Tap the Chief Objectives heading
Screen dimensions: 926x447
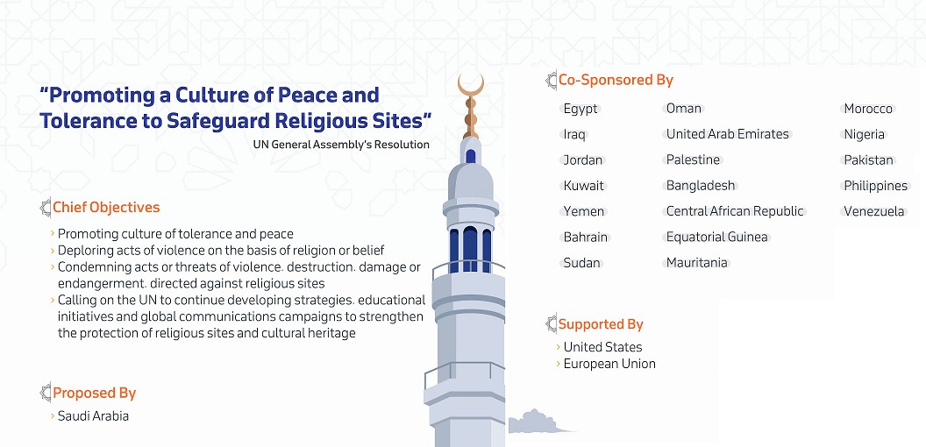(x=106, y=207)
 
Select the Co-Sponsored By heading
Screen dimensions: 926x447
(x=616, y=80)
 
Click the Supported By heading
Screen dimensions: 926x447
(x=601, y=324)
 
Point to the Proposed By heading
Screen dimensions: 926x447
(x=95, y=394)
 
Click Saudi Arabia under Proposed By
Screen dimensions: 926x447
(x=93, y=416)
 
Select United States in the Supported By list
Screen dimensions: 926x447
(x=603, y=347)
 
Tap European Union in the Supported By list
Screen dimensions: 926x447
(x=609, y=364)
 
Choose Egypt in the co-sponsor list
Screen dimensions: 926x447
(x=581, y=110)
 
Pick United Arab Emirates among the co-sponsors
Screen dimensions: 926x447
(x=728, y=134)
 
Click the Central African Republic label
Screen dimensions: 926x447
(x=735, y=211)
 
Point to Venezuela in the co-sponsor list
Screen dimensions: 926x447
(x=874, y=211)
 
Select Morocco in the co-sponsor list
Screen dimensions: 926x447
(x=868, y=109)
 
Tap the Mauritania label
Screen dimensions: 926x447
(x=697, y=263)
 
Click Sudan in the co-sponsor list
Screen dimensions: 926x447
(x=581, y=263)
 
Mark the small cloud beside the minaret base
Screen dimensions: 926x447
(x=533, y=422)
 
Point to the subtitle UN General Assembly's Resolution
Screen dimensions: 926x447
(x=341, y=145)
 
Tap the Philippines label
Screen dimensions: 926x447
(x=876, y=186)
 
